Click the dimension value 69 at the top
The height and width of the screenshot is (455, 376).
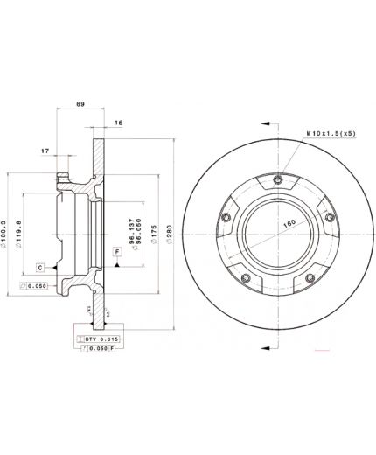tap(80, 104)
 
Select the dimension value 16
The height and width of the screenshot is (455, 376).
tap(118, 123)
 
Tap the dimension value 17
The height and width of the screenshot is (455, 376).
tap(45, 150)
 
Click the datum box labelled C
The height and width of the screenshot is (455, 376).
tap(39, 265)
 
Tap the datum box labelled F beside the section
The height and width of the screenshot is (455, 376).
tap(116, 252)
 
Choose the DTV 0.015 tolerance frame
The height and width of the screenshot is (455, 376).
tap(98, 338)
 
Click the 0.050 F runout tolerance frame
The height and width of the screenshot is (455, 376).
tap(98, 347)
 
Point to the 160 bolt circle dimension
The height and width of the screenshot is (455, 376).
tap(289, 224)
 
